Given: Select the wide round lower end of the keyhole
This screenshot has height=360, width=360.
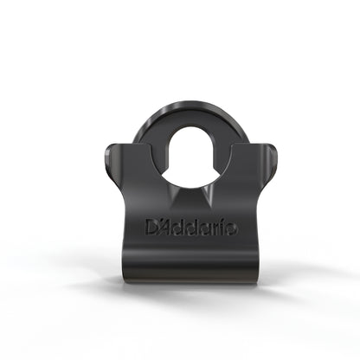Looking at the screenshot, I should pos(180,169).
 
